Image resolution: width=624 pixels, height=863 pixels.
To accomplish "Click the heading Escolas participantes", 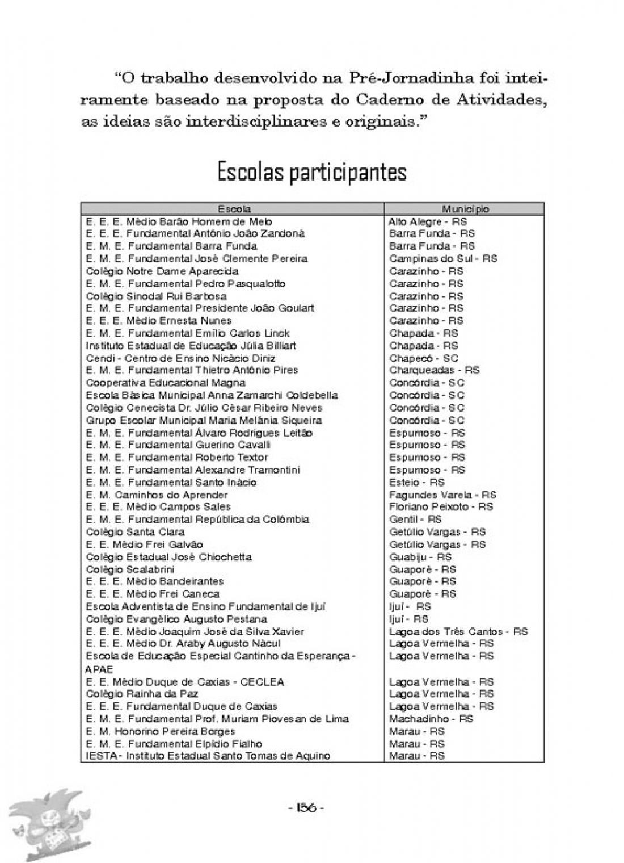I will click(312, 172).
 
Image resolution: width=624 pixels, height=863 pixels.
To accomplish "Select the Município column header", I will click(465, 209).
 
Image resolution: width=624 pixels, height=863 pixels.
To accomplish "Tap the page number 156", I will click(306, 808).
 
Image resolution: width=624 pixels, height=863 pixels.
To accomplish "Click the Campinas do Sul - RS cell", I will click(443, 258).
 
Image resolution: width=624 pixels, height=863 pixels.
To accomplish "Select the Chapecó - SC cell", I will click(423, 358).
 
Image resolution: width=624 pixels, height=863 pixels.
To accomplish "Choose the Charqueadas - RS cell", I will click(434, 370).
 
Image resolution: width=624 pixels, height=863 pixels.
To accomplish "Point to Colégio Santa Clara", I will click(135, 532).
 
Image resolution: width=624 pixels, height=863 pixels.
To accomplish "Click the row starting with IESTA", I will click(208, 756).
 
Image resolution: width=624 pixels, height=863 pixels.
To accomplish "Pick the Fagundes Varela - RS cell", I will click(442, 495).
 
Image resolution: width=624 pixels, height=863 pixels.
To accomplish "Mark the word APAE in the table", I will click(99, 669).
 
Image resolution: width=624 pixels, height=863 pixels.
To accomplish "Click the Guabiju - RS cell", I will click(420, 557).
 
